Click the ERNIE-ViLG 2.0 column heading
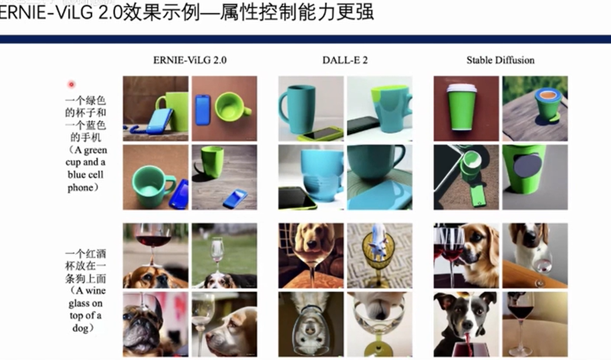tap(190, 60)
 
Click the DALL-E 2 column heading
tap(345, 60)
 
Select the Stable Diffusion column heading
tap(501, 60)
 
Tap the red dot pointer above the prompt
tap(71, 84)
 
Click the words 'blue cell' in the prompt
tap(85, 175)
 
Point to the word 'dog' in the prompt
tap(81, 328)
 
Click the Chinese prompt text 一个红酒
tap(85, 254)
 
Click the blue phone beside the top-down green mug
tap(203, 110)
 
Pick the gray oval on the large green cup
tap(528, 166)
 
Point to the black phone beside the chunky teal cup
tap(363, 125)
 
